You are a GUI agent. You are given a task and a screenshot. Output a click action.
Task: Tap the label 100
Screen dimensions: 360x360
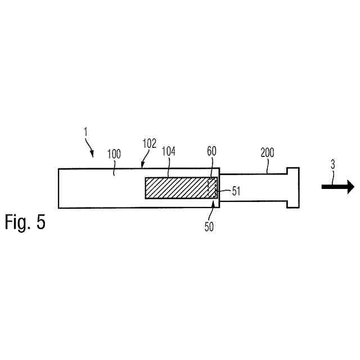click(114, 152)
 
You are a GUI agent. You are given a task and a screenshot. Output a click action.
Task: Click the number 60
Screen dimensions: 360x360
click(211, 152)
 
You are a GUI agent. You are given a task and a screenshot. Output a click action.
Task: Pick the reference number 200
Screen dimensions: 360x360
click(268, 152)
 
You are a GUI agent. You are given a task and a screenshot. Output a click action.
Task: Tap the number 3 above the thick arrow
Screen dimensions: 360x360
click(333, 165)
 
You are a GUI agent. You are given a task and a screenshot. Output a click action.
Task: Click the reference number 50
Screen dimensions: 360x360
click(209, 226)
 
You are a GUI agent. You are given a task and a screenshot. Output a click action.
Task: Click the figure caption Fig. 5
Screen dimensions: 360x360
click(25, 222)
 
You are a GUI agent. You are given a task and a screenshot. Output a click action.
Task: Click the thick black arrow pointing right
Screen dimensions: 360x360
click(337, 187)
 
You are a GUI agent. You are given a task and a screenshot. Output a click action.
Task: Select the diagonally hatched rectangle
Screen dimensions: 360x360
click(177, 187)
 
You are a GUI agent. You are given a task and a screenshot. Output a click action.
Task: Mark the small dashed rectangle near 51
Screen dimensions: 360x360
click(212, 187)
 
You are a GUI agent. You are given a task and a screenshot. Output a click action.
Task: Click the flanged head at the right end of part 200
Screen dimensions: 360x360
click(292, 187)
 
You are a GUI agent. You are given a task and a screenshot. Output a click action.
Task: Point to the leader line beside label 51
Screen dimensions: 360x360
click(224, 191)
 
